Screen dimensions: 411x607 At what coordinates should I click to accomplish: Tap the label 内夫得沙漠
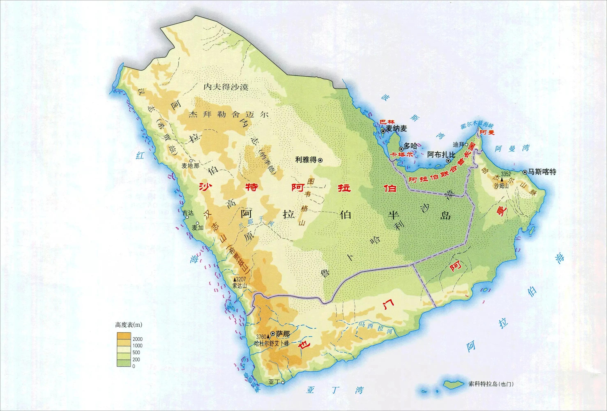226,87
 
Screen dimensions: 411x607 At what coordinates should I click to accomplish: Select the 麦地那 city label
190,166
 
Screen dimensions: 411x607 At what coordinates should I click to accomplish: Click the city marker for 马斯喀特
525,172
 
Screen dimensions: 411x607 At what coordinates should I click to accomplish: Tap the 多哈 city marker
401,149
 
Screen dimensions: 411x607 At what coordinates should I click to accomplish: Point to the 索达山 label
240,286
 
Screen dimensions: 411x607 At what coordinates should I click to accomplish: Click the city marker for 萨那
273,334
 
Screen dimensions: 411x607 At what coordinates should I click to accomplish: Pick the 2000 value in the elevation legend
137,339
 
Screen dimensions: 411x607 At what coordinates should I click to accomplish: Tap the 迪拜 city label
458,144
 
